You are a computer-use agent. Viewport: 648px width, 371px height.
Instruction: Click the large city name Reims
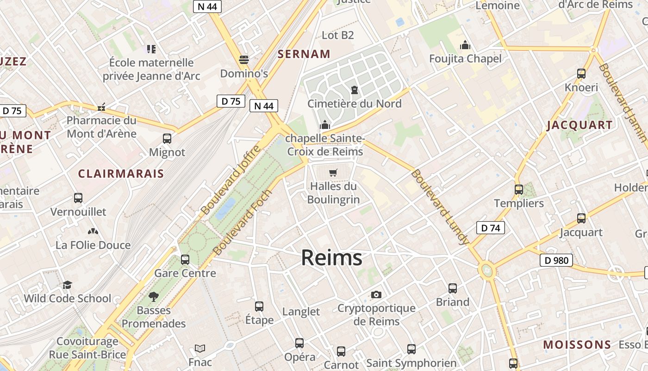(331, 258)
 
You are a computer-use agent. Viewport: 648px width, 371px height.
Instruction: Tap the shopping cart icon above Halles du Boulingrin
(333, 173)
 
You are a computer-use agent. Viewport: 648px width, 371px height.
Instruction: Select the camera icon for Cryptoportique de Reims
(376, 294)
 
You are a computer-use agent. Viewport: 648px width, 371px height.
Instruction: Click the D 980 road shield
(556, 260)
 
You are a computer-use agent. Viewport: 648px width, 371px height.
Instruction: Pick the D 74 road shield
(490, 228)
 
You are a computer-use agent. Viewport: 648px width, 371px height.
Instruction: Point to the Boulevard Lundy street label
(439, 207)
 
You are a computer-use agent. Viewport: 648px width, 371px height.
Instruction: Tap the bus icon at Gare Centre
(185, 260)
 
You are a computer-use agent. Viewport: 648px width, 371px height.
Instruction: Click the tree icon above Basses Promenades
(154, 297)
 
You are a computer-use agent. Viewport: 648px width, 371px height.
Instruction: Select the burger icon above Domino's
(244, 60)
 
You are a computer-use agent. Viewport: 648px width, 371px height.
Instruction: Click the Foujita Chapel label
(465, 59)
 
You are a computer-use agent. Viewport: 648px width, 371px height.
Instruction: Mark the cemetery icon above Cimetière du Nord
(355, 90)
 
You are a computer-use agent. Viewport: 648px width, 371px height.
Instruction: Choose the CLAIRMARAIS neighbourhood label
(121, 174)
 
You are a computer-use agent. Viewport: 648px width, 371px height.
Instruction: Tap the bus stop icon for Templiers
(519, 190)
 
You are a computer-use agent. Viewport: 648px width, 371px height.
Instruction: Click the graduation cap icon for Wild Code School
(68, 285)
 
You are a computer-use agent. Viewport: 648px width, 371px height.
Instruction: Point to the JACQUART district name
(579, 125)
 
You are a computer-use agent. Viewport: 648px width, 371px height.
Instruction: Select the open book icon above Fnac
(200, 348)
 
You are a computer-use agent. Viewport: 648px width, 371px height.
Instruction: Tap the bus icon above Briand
(453, 288)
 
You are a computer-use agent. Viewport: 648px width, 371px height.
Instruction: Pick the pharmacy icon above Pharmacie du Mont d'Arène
(101, 107)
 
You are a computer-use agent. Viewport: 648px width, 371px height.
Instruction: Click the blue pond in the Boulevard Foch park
(226, 208)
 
